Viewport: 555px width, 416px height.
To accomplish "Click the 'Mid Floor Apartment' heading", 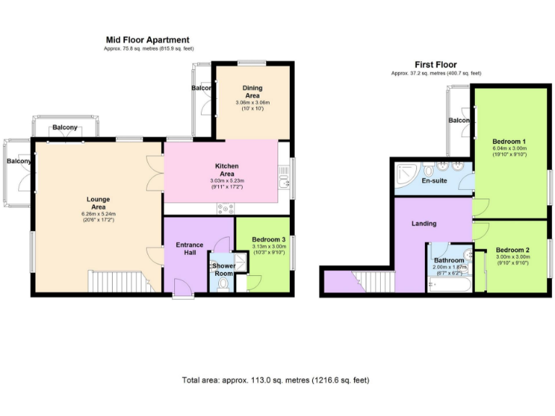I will point(147,40).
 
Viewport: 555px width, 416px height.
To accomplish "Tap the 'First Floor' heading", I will point(435,64).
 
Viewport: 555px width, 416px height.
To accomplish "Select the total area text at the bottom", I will point(277,379).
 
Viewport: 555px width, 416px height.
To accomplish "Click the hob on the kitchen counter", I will point(225,209).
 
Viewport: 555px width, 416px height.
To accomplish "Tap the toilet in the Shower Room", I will point(223,285).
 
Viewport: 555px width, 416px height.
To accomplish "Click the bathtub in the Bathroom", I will point(448,286).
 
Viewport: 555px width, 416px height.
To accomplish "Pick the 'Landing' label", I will point(423,224).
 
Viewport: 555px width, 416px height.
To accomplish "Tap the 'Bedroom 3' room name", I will point(268,239).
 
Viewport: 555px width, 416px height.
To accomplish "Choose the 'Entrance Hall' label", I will point(190,249).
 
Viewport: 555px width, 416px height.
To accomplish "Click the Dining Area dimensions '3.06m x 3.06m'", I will point(252,103).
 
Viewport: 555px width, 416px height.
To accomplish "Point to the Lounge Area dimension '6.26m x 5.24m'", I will point(98,213).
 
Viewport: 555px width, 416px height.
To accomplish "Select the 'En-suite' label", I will point(434,181).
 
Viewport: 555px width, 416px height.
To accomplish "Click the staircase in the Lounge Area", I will point(116,281).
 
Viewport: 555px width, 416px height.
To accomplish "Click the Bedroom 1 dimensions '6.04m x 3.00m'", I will point(509,147).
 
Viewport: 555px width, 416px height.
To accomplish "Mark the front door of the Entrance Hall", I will point(184,292).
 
